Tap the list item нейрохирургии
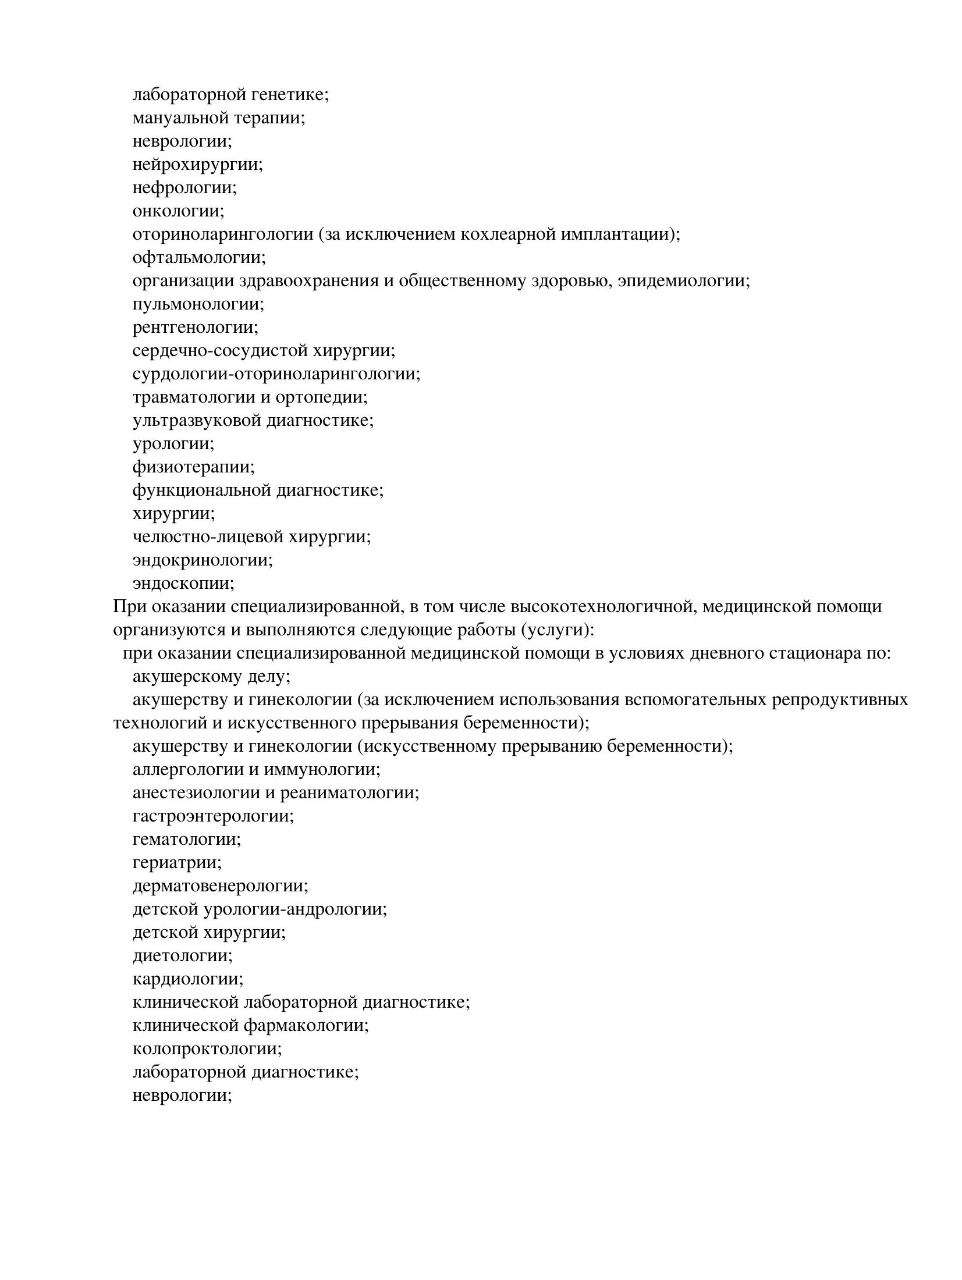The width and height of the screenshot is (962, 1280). coord(197,165)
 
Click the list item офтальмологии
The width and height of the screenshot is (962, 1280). coord(198,257)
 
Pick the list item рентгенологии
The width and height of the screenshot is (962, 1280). coord(195,327)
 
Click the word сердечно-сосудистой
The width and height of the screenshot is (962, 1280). coord(219,350)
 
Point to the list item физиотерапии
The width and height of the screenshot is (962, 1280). coord(193,467)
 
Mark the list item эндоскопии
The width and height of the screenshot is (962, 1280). coord(183,583)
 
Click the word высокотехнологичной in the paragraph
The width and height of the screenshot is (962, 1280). coord(604,606)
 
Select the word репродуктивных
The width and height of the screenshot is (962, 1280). coord(839,699)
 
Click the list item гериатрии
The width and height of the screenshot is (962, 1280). coord(177,862)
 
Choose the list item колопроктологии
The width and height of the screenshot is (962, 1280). coord(207,1048)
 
